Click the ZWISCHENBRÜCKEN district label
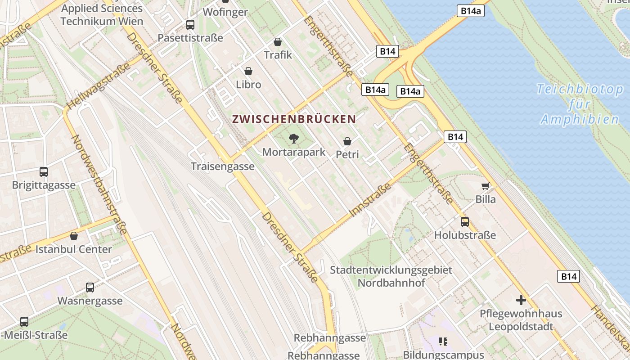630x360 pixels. click(294, 119)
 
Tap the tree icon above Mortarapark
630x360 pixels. click(294, 138)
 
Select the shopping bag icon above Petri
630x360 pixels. click(347, 141)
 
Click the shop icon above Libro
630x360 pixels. click(248, 71)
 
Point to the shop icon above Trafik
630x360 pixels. click(278, 42)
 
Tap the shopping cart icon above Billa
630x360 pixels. click(485, 186)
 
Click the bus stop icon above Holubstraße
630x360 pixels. click(464, 222)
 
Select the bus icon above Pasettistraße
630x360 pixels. click(190, 25)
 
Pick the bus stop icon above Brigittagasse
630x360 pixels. click(44, 171)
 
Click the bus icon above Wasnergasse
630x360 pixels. click(90, 288)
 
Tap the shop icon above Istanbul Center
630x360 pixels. click(74, 236)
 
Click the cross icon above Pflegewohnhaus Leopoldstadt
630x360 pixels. click(521, 300)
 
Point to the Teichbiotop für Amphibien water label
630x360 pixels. click(580, 104)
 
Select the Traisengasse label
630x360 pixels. click(223, 166)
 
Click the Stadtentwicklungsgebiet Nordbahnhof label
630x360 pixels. click(391, 276)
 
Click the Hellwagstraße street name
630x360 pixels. click(99, 85)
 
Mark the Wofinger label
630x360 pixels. click(225, 12)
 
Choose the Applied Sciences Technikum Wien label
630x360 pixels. click(102, 14)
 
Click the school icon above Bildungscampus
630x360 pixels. click(443, 342)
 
